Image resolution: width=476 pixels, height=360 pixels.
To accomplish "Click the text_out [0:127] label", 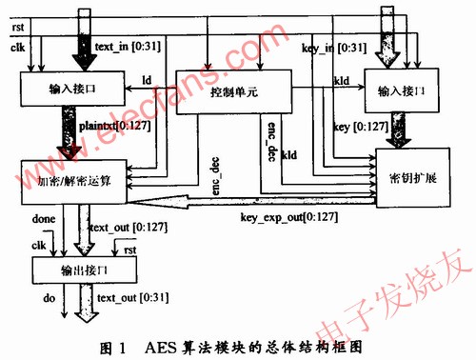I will pyautogui.click(x=123, y=228).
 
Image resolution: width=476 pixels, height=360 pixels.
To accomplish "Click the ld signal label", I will pyautogui.click(x=148, y=79).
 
